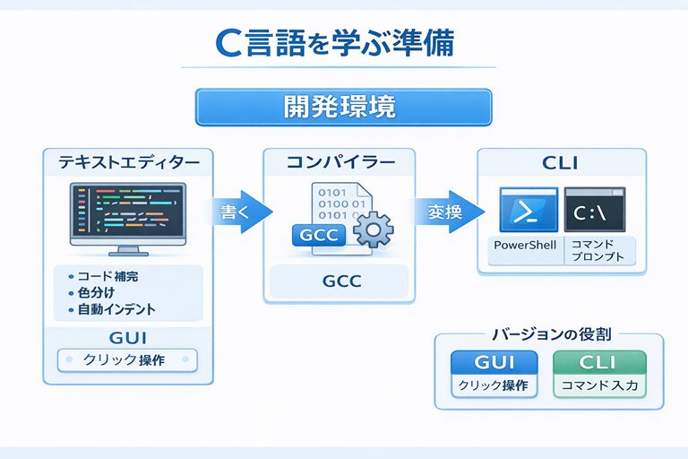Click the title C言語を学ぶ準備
coord(338,44)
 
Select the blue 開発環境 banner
coord(343,107)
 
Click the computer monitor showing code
coord(127,216)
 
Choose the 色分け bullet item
coord(95,293)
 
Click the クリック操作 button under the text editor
coord(126,360)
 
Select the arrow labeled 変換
coord(448,212)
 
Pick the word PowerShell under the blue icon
coord(525,246)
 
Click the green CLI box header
coord(598,363)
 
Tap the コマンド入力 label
coord(598,388)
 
